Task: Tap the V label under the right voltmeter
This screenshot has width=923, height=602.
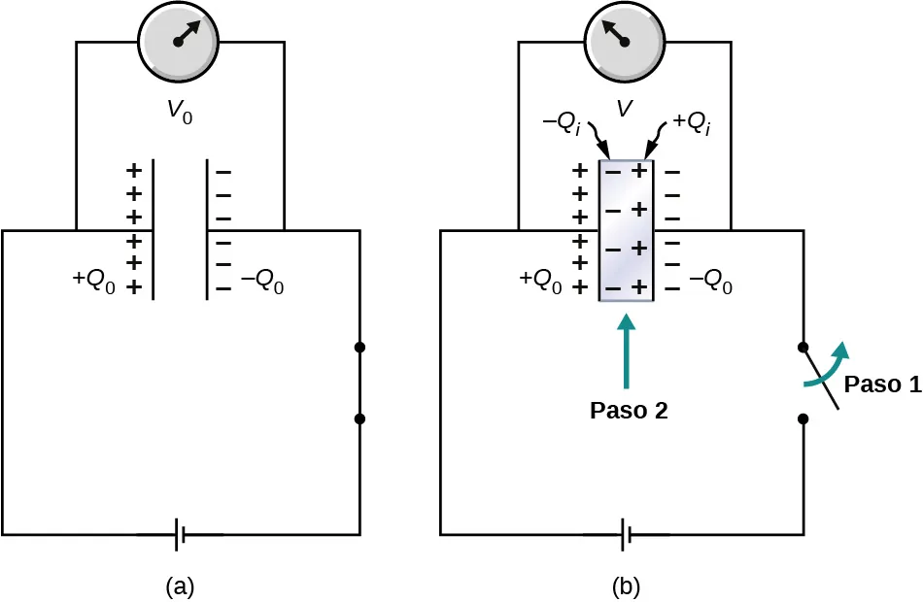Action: tap(626, 110)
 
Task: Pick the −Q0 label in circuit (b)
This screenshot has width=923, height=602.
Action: tap(710, 284)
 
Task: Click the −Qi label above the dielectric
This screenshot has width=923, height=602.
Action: tap(564, 125)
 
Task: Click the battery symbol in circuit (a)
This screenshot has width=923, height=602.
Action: tap(181, 534)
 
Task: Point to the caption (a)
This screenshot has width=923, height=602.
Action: tap(180, 585)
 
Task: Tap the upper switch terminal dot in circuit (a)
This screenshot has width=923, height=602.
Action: tap(359, 347)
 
